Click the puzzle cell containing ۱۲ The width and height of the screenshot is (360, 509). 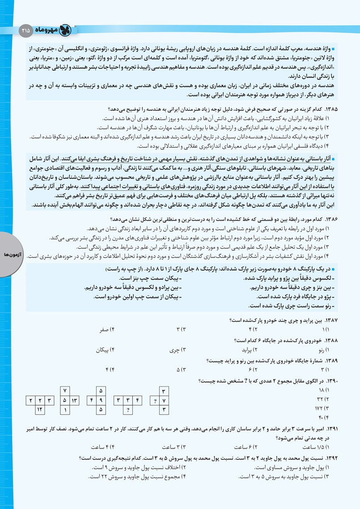[x=39, y=409]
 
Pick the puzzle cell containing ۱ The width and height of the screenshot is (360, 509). [x=65, y=409]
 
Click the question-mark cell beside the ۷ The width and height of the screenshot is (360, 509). [x=155, y=400]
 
